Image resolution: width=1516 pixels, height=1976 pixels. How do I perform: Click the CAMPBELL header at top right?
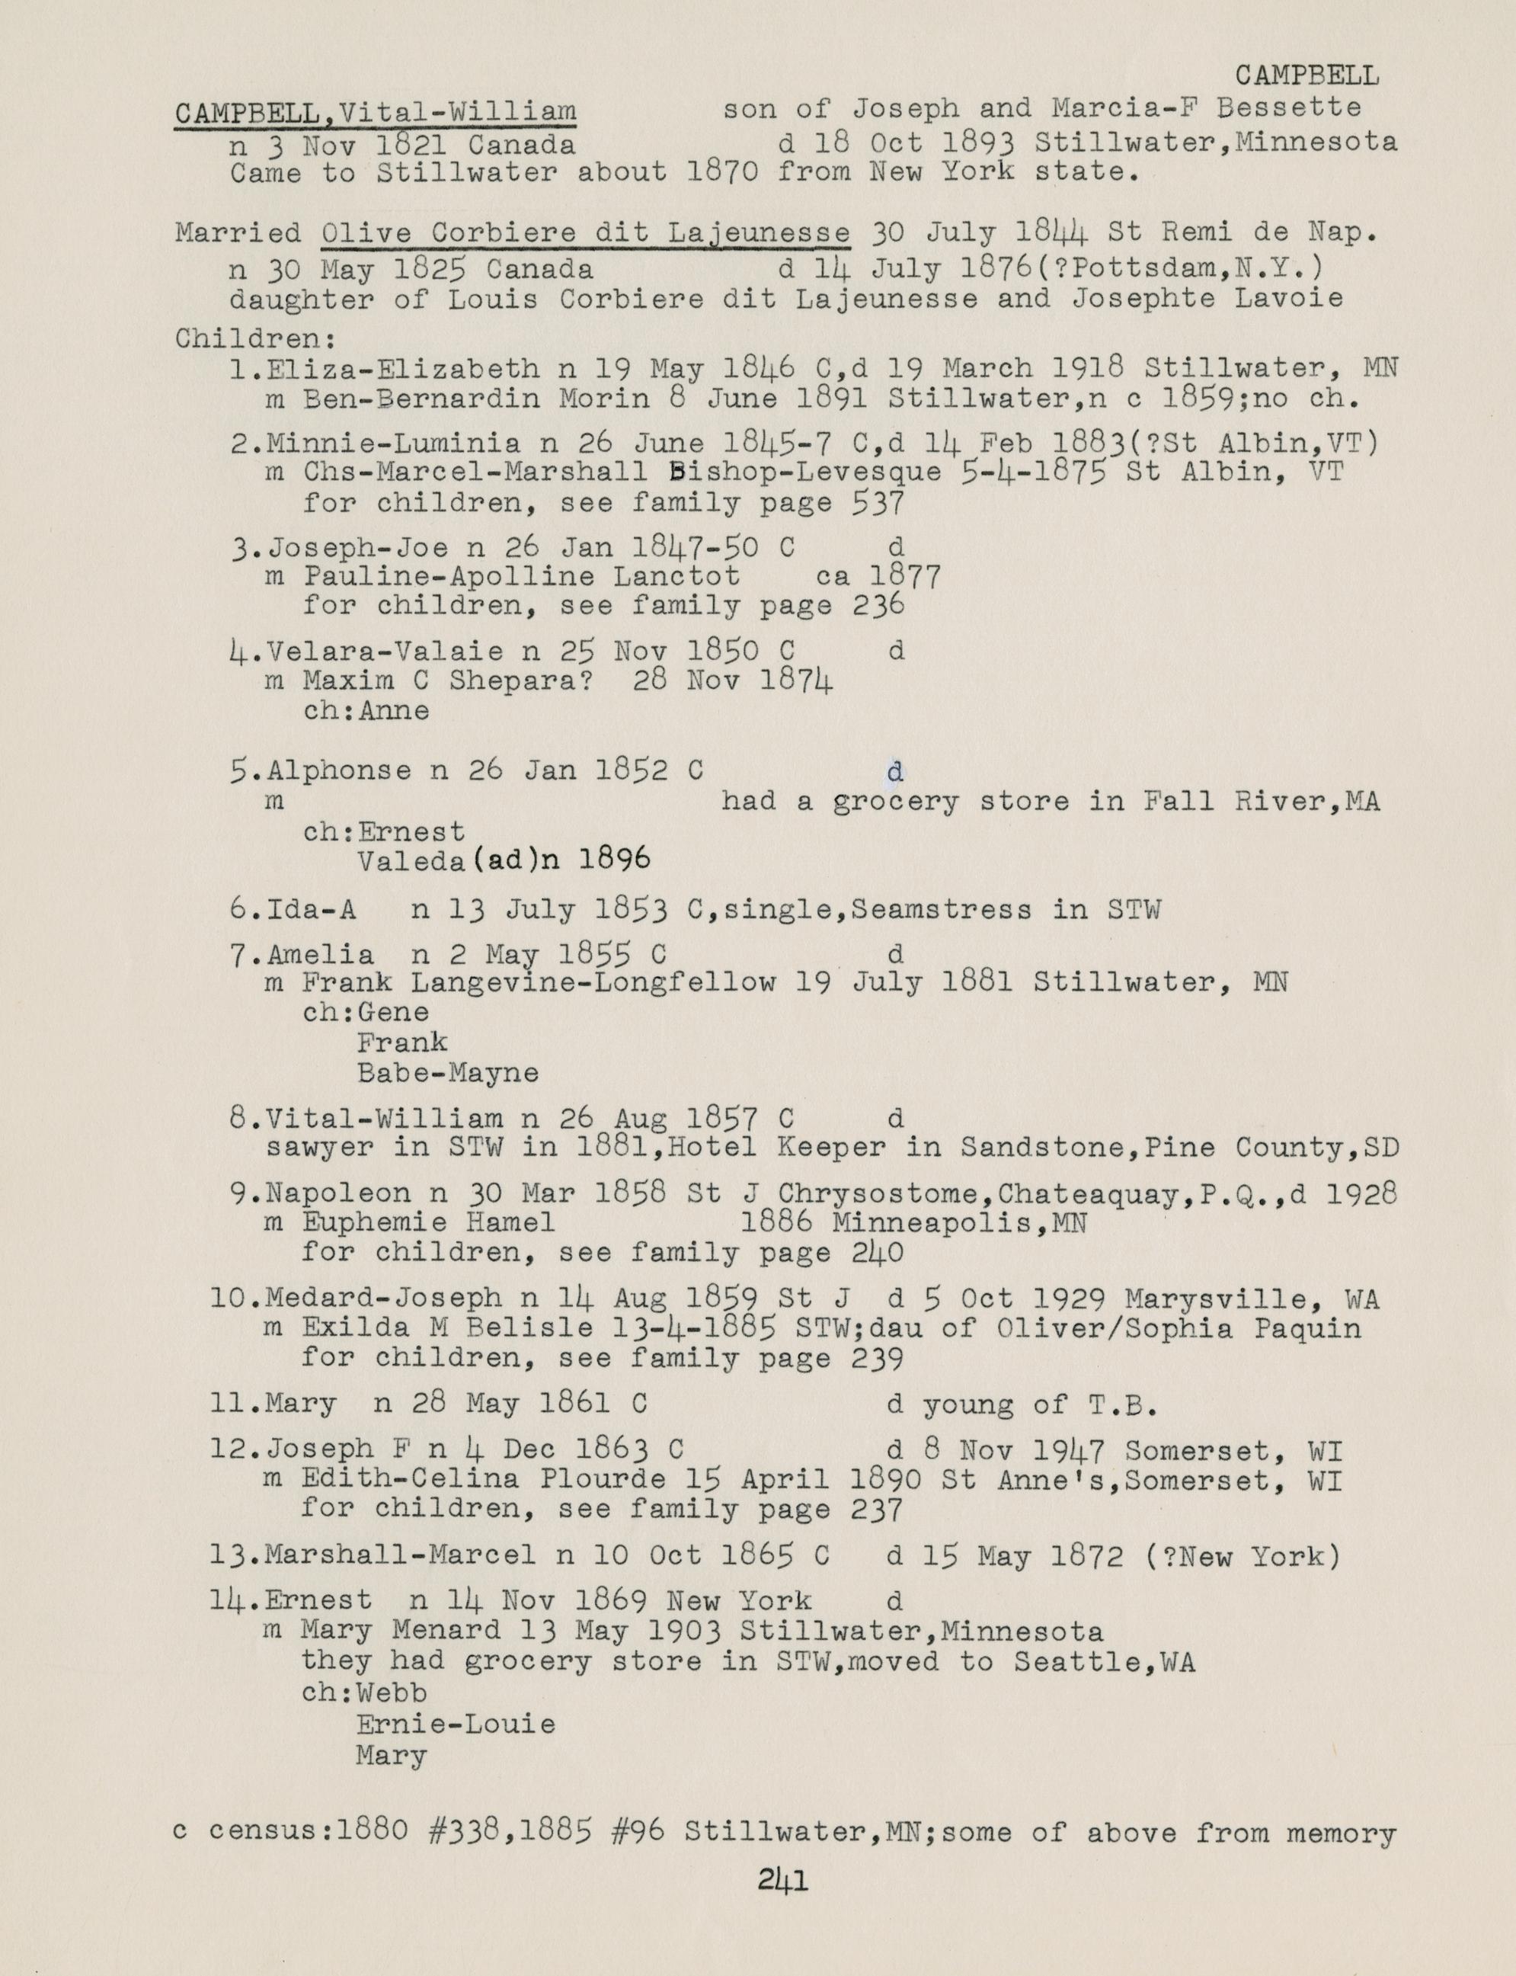tap(1307, 77)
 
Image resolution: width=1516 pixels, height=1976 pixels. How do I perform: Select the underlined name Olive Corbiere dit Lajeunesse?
tap(586, 233)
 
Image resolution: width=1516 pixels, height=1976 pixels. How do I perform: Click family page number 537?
tap(878, 503)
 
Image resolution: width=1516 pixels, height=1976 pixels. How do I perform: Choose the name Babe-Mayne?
tap(448, 1073)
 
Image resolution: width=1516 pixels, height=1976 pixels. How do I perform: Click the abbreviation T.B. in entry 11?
tap(1124, 1404)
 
